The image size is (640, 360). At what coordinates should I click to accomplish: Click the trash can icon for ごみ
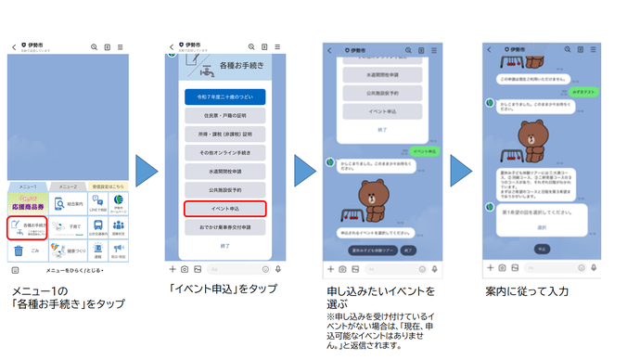(x=19, y=250)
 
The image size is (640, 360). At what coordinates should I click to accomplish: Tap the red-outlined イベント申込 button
(x=225, y=209)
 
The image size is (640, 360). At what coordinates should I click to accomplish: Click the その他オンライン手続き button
(x=225, y=152)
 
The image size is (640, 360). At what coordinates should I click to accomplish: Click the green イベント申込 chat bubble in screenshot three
(x=424, y=150)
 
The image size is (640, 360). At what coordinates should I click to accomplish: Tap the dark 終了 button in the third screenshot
(x=409, y=251)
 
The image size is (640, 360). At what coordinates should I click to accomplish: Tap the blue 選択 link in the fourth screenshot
(x=542, y=227)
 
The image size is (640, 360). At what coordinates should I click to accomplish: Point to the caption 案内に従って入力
(x=526, y=291)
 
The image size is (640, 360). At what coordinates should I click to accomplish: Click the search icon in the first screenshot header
(x=94, y=46)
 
